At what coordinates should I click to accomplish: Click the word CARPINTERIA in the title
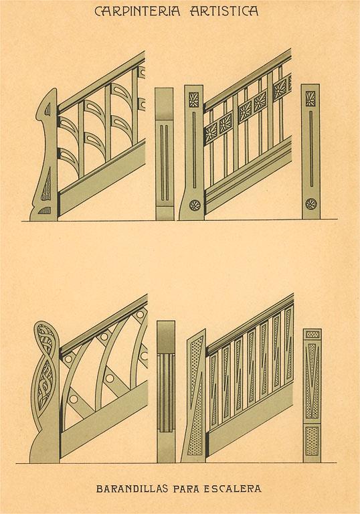[x=137, y=11]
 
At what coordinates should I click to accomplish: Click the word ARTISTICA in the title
[x=224, y=11]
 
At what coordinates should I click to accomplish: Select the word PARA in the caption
[x=186, y=489]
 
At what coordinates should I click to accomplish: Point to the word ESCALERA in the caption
[x=232, y=489]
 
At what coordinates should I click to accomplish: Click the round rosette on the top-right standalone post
[x=311, y=204]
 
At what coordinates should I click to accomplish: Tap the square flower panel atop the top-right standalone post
[x=310, y=98]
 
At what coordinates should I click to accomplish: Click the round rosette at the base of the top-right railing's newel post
[x=195, y=205]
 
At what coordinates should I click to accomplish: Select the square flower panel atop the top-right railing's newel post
[x=194, y=100]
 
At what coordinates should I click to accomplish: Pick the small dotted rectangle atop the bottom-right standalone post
[x=312, y=334]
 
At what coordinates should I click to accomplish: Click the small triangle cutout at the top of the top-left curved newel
[x=48, y=110]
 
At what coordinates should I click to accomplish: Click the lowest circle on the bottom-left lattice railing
[x=74, y=400]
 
